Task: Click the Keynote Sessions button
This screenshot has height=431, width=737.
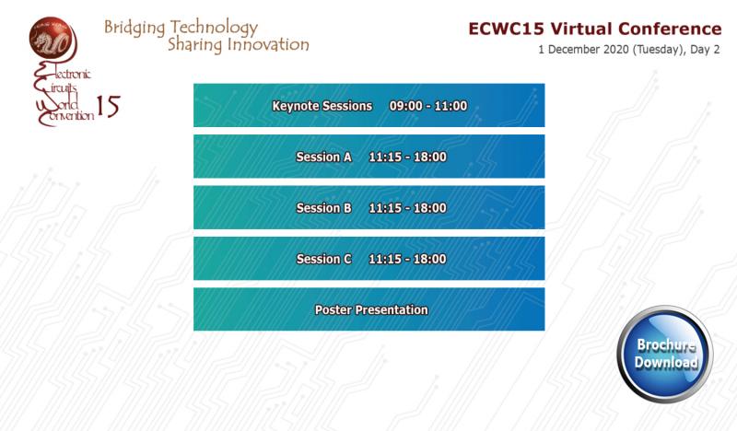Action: pyautogui.click(x=369, y=105)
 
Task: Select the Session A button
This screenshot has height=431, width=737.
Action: pyautogui.click(x=369, y=157)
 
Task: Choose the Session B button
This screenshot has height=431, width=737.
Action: pyautogui.click(x=369, y=207)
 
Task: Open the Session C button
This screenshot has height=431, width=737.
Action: pyautogui.click(x=369, y=259)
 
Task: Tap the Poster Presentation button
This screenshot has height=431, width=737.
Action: pyautogui.click(x=369, y=309)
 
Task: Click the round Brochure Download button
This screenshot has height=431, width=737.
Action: pyautogui.click(x=665, y=354)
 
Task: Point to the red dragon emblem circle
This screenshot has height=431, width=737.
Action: pyautogui.click(x=52, y=38)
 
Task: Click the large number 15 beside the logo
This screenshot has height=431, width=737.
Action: pyautogui.click(x=108, y=106)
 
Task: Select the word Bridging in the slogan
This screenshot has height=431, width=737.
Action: pyautogui.click(x=135, y=28)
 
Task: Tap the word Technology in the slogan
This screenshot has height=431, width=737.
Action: pyautogui.click(x=215, y=28)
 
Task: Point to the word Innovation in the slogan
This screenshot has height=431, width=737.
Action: pyautogui.click(x=268, y=44)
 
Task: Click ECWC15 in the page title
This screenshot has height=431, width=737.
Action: pyautogui.click(x=506, y=29)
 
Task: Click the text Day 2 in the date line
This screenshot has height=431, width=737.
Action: pyautogui.click(x=705, y=50)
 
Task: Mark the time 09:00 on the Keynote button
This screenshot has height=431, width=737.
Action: pyautogui.click(x=405, y=106)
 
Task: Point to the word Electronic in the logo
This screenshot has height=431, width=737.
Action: pyautogui.click(x=63, y=73)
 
